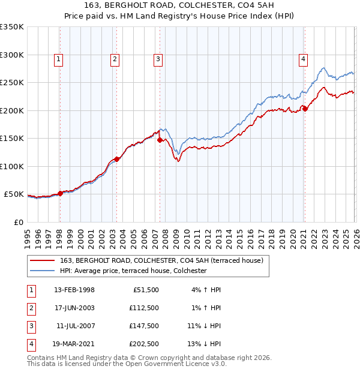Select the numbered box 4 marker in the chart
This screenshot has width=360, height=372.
pos(304,59)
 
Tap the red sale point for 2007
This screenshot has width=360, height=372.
pos(160,140)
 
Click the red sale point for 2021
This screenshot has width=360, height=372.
pos(305,109)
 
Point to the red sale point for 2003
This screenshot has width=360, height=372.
pos(116,159)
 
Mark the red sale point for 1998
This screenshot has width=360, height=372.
pos(60,193)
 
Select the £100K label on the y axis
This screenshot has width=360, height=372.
pos(12,166)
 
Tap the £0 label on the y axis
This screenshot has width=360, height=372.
pos(18,222)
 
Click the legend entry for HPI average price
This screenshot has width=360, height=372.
pos(133,271)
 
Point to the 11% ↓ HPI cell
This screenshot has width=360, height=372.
pos(204,326)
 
